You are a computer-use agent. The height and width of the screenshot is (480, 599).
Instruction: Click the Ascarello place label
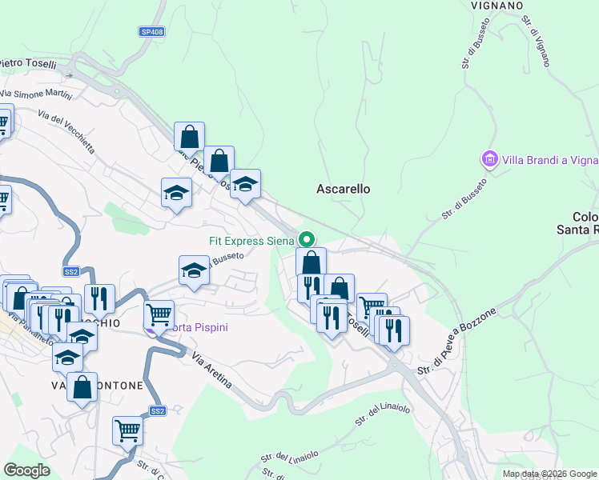tap(344, 190)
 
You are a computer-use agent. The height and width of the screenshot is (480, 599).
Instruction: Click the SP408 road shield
tap(151, 32)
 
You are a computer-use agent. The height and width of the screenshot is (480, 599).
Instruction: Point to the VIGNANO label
tap(496, 5)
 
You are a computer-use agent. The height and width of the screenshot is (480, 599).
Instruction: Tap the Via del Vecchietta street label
tap(66, 133)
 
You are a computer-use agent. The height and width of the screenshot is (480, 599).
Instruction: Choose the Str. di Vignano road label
tap(536, 41)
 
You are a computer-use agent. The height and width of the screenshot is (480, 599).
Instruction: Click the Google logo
tap(26, 470)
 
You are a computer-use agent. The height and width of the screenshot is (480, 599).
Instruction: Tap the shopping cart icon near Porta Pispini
tap(159, 314)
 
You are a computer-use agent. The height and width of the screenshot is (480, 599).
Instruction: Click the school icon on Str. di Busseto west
tap(193, 270)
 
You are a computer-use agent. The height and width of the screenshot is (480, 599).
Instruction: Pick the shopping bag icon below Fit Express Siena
tap(312, 261)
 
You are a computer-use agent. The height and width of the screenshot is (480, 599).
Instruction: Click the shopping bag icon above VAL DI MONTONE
tap(82, 387)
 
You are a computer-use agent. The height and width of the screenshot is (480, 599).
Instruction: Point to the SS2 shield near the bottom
tap(158, 411)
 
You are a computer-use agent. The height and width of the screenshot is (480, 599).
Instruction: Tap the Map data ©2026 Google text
tap(549, 474)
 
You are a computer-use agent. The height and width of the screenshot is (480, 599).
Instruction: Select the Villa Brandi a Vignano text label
tap(550, 160)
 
